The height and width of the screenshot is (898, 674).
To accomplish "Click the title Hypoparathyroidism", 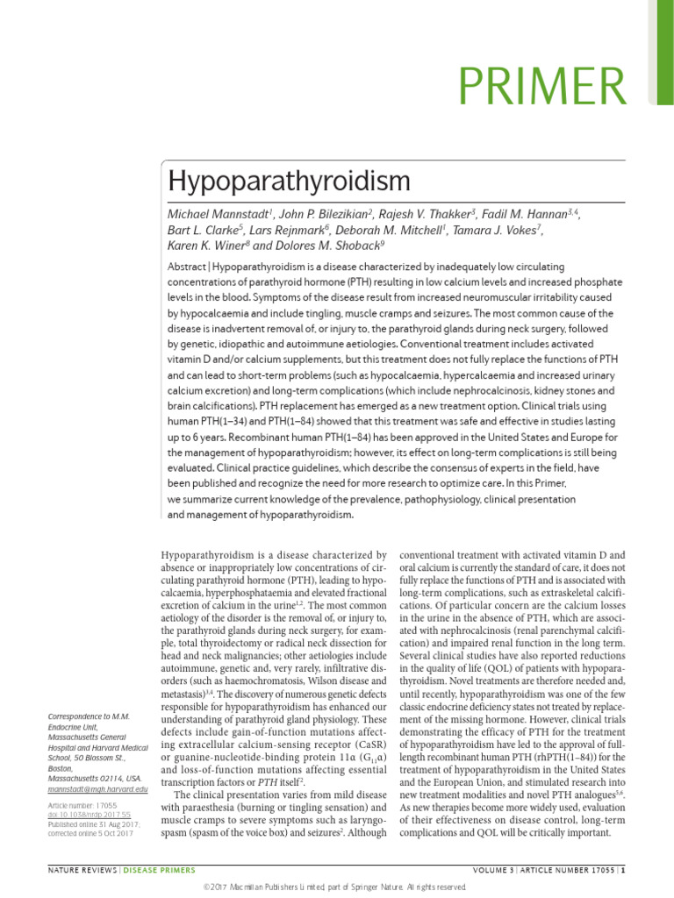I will (289, 182).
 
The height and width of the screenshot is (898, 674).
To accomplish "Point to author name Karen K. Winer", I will (208, 246).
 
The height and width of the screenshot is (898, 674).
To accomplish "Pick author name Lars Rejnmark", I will (285, 230).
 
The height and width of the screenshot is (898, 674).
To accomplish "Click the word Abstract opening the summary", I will (187, 267).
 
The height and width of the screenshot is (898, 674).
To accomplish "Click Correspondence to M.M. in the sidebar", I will (89, 716).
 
